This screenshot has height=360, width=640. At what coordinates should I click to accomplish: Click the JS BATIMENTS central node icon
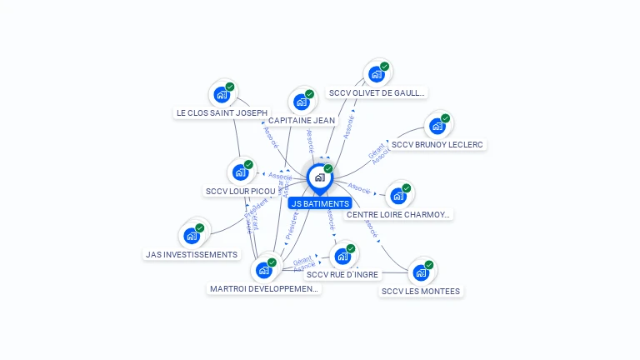click(319, 177)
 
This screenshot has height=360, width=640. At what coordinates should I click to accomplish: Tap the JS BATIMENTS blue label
click(319, 203)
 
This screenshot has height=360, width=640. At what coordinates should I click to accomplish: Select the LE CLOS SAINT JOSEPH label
click(222, 112)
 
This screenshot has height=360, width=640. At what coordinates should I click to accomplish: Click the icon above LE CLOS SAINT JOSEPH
click(222, 94)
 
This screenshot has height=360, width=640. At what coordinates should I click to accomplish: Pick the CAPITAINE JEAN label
click(302, 120)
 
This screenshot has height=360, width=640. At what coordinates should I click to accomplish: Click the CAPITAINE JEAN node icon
click(301, 102)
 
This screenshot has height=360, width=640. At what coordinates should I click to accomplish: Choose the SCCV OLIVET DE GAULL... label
click(377, 92)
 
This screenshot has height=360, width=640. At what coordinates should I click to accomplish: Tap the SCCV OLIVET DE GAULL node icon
click(377, 74)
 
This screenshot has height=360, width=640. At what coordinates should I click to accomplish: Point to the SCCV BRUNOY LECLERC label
click(438, 144)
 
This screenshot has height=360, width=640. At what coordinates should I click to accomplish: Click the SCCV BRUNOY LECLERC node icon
click(437, 126)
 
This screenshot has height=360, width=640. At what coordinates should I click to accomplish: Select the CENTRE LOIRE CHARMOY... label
click(399, 214)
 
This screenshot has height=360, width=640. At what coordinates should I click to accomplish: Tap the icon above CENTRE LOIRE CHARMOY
click(398, 196)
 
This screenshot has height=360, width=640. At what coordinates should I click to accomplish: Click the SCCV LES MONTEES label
click(421, 291)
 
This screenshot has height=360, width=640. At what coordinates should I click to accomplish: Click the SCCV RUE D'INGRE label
click(342, 274)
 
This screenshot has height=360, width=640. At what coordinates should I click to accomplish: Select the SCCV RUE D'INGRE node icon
click(342, 256)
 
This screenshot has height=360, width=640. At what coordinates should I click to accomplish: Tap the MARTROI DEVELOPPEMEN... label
click(264, 288)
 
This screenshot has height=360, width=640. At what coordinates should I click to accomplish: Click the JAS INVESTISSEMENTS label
click(192, 254)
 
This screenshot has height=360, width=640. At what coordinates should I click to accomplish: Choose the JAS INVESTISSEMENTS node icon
click(192, 236)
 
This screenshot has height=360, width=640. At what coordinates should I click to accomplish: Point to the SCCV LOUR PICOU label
click(240, 191)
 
